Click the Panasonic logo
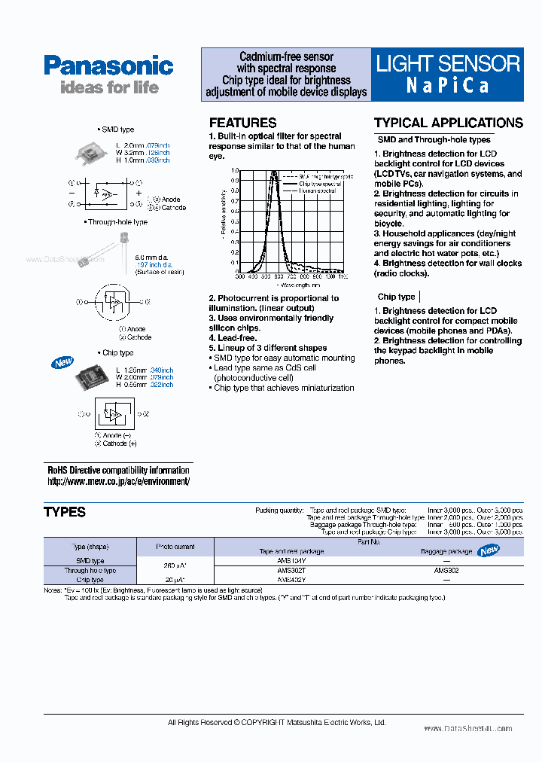coord(108,66)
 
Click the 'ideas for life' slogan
coord(109,87)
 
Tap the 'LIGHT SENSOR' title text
coord(448,63)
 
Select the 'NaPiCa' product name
coord(448,85)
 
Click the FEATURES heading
coord(242,123)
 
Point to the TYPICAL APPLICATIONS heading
coord(448,123)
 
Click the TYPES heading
coord(65,512)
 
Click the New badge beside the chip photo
coord(62,363)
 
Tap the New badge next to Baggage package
coord(489,550)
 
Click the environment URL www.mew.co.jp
coord(118,481)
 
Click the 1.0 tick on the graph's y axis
coord(235,171)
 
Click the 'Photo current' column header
coord(175,547)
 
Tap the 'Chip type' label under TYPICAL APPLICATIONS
coord(396,297)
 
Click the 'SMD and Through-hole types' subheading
coord(434,139)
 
